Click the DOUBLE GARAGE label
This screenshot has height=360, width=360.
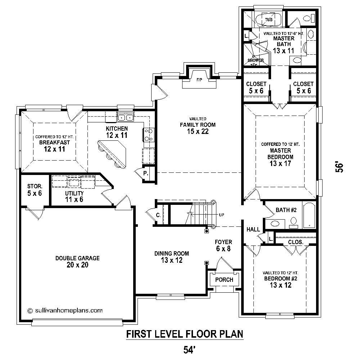click(x=77, y=262)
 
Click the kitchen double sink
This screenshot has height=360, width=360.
click(x=126, y=117)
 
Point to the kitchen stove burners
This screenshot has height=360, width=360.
click(x=148, y=135)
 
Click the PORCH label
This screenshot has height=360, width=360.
click(x=224, y=280)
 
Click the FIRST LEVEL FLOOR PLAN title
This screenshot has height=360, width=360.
click(x=184, y=334)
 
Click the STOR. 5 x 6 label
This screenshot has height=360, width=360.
click(x=35, y=190)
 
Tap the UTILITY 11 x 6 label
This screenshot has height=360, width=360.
click(x=74, y=196)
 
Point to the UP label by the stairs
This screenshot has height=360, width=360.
click(x=222, y=215)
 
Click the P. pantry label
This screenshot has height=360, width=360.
click(x=146, y=174)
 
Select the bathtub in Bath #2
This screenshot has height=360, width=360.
click(x=309, y=215)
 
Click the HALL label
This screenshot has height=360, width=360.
click(x=253, y=229)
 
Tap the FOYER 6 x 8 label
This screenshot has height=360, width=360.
click(x=223, y=245)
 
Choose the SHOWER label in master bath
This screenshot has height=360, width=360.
click(x=256, y=60)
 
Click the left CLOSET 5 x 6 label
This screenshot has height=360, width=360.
click(x=256, y=87)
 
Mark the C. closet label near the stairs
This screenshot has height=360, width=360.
click(x=158, y=216)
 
